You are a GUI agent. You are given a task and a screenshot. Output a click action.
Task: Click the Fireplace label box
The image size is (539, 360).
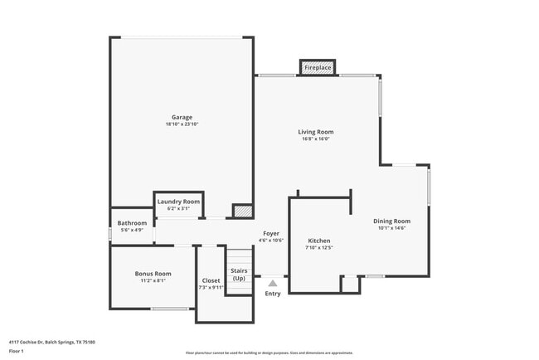(318, 67)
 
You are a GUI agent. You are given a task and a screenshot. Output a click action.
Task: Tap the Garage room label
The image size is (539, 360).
(182, 117)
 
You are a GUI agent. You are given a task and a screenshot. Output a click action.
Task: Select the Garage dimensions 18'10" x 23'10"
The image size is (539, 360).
(182, 124)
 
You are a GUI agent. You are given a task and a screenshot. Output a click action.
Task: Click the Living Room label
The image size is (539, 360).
(316, 132)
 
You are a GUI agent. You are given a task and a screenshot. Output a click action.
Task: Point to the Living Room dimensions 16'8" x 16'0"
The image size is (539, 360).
(316, 139)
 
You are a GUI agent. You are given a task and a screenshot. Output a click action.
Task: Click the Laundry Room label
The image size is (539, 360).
(179, 202)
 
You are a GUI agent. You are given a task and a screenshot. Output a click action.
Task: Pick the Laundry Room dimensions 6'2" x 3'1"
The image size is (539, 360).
(179, 208)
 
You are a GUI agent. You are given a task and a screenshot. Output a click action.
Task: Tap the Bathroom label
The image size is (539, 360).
(132, 223)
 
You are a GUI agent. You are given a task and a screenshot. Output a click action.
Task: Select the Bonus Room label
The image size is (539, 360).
(153, 274)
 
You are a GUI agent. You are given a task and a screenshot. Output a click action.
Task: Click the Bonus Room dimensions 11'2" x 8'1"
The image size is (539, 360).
(153, 280)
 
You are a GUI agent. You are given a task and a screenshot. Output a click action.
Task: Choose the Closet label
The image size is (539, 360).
(211, 280)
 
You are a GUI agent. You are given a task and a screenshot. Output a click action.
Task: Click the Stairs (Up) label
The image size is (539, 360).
(239, 274)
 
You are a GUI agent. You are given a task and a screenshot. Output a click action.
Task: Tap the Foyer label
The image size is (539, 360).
(272, 233)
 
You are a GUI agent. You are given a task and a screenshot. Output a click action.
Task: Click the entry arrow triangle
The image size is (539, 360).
(272, 283)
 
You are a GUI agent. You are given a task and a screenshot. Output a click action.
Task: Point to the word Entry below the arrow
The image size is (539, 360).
(273, 294)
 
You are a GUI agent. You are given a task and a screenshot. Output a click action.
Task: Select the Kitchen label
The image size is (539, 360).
(319, 241)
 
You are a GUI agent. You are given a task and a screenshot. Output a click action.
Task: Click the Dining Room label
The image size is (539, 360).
(391, 221)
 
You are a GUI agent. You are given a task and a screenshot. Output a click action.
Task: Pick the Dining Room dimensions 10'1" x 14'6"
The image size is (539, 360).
(391, 228)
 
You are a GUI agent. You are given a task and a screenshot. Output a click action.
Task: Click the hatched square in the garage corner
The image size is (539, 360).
(241, 212)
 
